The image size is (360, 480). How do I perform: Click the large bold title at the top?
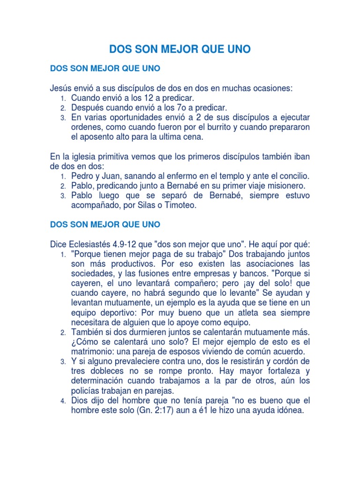[x=180, y=49]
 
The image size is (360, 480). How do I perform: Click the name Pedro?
[x=82, y=176]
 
